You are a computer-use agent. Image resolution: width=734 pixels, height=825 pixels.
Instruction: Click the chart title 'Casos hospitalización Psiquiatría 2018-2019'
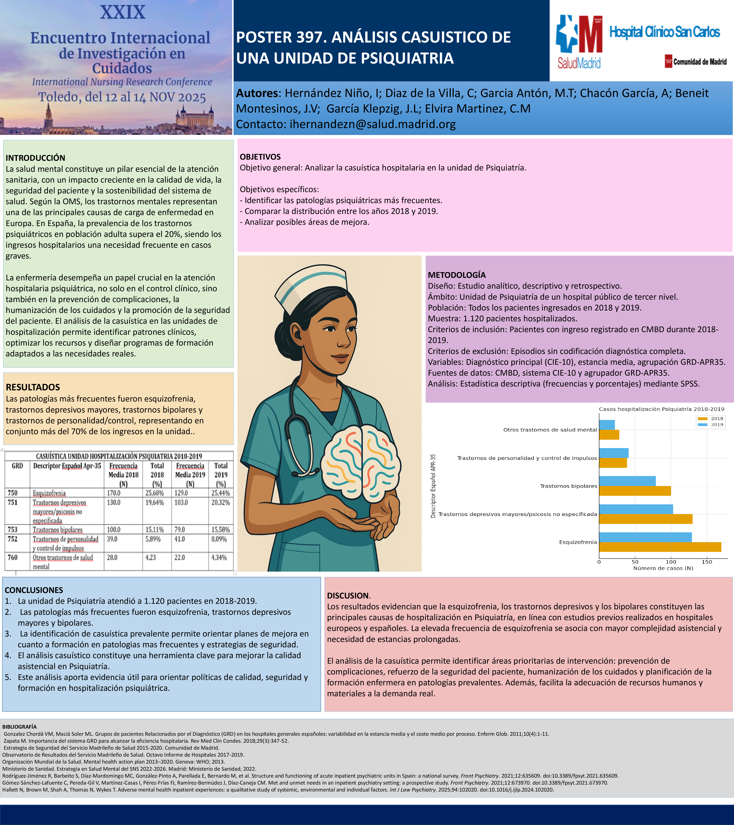[661, 409]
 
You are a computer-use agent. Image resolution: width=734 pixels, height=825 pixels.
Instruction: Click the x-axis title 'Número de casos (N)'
[663, 568]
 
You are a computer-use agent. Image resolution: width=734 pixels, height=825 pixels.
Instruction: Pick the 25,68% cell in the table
[154, 493]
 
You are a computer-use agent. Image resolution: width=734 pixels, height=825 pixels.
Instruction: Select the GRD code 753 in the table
[12, 529]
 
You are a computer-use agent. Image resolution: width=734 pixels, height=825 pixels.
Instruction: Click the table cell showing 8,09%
[221, 539]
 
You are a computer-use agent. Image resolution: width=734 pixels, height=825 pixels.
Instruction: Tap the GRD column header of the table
[17, 466]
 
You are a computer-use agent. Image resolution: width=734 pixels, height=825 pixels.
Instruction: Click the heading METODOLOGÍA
[456, 275]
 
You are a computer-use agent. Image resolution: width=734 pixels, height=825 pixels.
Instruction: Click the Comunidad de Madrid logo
[696, 61]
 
